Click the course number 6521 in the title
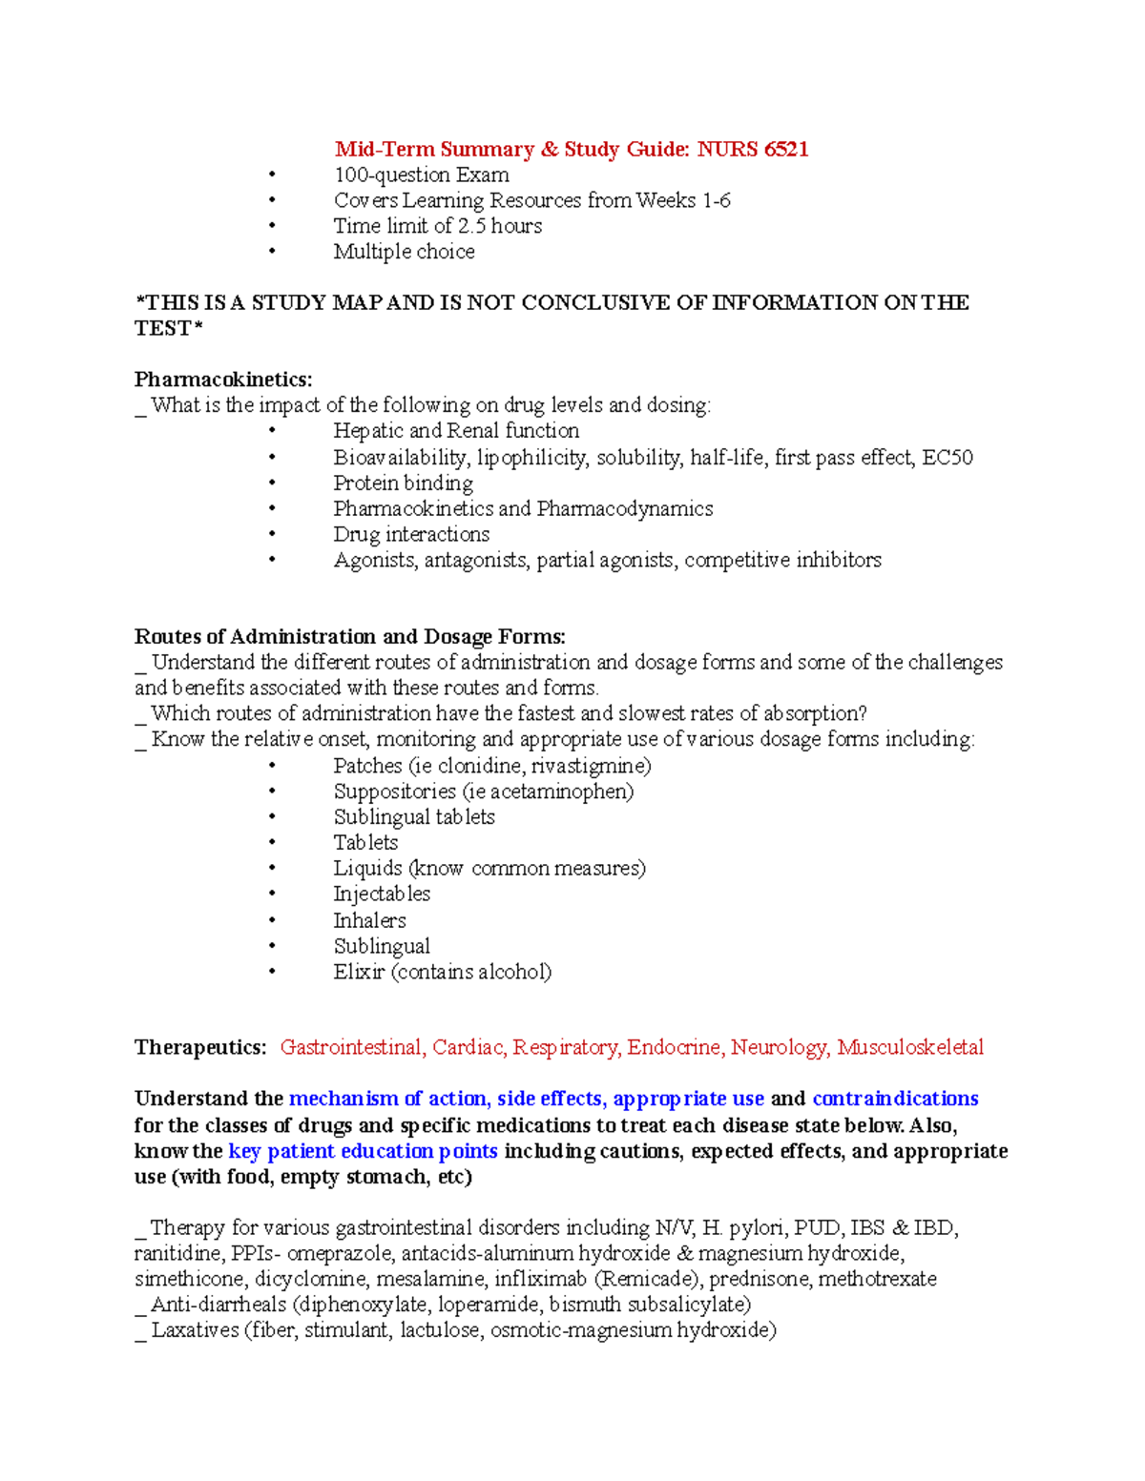(782, 149)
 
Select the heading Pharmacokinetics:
(223, 380)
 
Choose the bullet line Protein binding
(403, 483)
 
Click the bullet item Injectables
(382, 894)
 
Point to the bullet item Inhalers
(369, 920)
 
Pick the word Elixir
(359, 972)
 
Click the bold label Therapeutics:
(200, 1047)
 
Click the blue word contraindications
(895, 1099)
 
